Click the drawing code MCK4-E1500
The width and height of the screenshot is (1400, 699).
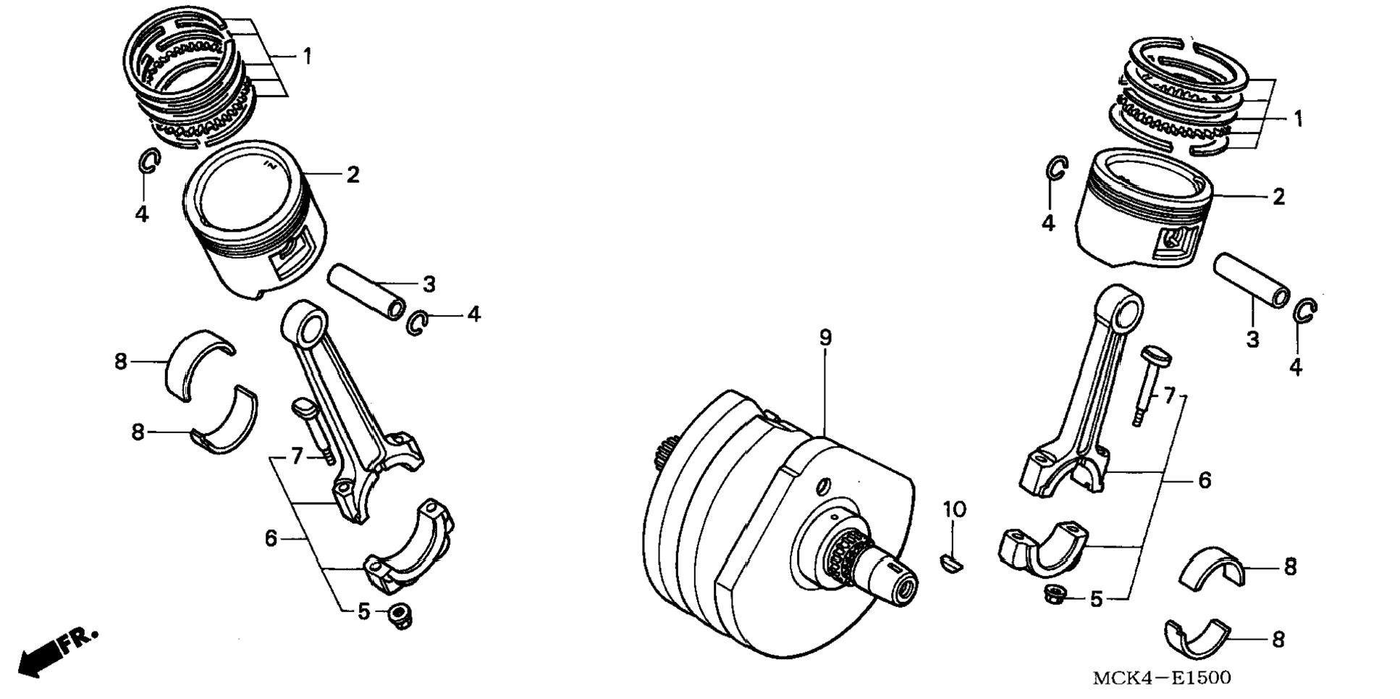[x=1161, y=679]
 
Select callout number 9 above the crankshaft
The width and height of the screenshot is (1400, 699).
[x=825, y=338]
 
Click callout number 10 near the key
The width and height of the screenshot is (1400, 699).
[x=954, y=510]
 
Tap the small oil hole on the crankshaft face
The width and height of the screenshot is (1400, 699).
[x=823, y=485]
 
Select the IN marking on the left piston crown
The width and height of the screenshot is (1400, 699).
[x=271, y=165]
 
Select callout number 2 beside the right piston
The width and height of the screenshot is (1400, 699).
[x=1278, y=197]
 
